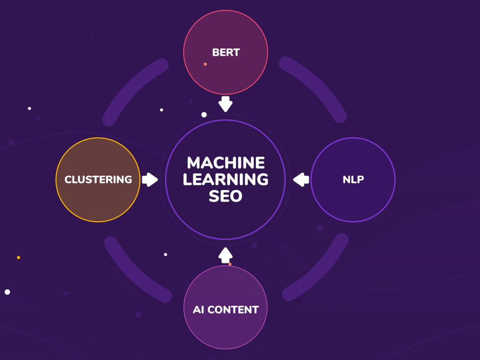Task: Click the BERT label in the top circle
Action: pyautogui.click(x=226, y=52)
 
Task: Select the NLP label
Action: pyautogui.click(x=353, y=180)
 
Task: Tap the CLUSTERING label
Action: pyautogui.click(x=98, y=180)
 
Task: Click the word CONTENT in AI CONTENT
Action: pyautogui.click(x=233, y=310)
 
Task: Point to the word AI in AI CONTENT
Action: pyautogui.click(x=198, y=310)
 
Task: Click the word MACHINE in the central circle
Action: pyautogui.click(x=226, y=163)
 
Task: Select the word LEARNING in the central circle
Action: pyautogui.click(x=226, y=180)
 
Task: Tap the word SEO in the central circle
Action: pyautogui.click(x=226, y=196)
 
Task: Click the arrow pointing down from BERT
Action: pyautogui.click(x=225, y=104)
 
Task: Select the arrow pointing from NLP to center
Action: pyautogui.click(x=301, y=180)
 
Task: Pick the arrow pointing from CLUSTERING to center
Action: pyautogui.click(x=150, y=180)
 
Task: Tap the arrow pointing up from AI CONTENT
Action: pyautogui.click(x=226, y=255)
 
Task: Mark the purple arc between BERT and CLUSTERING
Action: pyautogui.click(x=132, y=86)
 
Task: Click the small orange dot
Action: pyautogui.click(x=19, y=258)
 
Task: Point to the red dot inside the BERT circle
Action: pyautogui.click(x=205, y=64)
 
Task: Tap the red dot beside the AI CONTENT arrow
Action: pyautogui.click(x=230, y=264)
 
